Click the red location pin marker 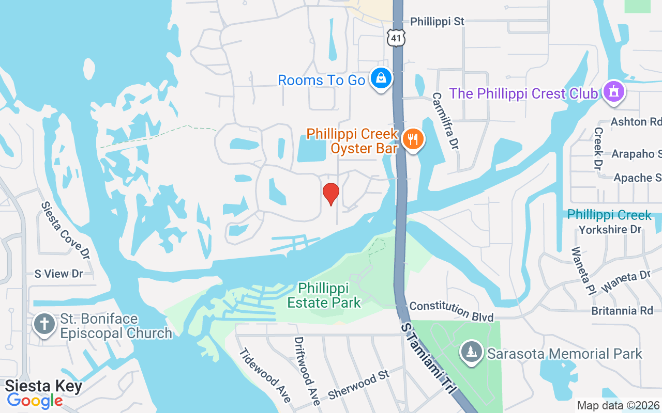tap(331, 194)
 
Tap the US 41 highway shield tap(396, 37)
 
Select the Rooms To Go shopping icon tap(381, 79)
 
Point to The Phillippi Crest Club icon tap(614, 92)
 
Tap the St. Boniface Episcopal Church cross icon tap(44, 325)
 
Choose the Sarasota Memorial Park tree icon tap(471, 353)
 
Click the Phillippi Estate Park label tap(324, 295)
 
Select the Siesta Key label tap(43, 386)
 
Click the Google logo tap(35, 401)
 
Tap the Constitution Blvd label tap(452, 311)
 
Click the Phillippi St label tap(437, 22)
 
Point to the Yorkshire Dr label tap(610, 229)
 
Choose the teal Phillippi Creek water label tap(609, 215)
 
